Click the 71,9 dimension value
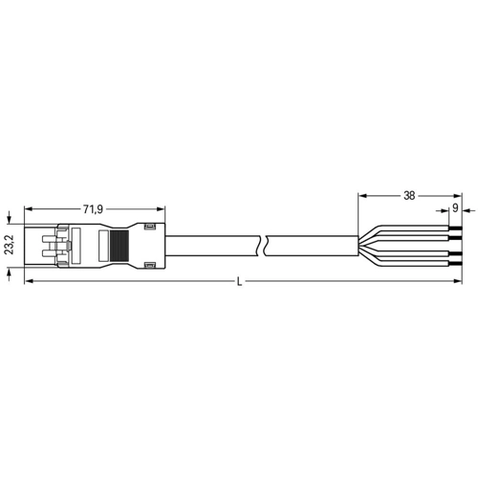tap(93, 209)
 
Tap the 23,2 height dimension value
tap(10, 245)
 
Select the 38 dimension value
tap(409, 196)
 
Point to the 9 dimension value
tap(455, 208)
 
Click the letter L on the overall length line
tap(239, 282)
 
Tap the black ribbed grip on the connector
tap(119, 246)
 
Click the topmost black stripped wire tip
tap(455, 228)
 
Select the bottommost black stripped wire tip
tap(455, 263)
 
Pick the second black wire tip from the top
tap(455, 238)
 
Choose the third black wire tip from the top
tap(455, 253)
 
